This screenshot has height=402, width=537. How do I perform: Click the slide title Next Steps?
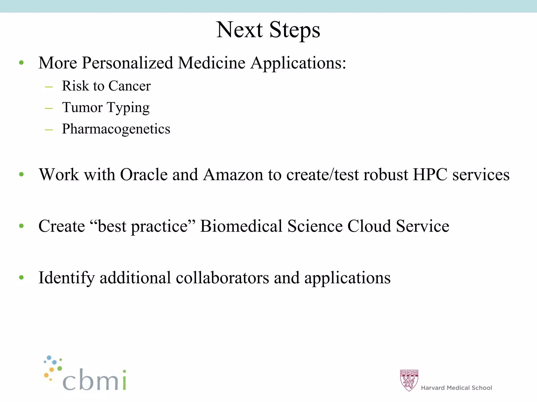268,30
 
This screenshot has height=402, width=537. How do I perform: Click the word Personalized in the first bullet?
127,63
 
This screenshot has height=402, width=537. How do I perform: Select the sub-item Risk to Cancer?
106,86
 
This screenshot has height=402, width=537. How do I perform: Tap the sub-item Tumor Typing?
106,107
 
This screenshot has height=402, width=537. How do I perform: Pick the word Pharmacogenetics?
116,129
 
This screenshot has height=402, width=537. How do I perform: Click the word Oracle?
144,175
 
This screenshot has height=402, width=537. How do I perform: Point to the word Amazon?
233,175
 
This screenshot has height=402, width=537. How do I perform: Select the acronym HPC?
430,175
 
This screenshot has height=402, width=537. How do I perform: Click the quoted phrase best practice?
143,226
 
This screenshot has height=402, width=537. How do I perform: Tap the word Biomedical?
241,226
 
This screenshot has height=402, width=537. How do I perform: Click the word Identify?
67,278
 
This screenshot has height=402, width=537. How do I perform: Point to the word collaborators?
222,278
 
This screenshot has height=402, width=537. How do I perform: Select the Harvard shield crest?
409,380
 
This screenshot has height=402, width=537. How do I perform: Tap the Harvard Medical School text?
456,388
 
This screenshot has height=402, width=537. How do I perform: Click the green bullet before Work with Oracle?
22,175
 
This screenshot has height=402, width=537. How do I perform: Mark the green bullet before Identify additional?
22,278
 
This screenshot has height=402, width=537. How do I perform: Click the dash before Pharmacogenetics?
49,129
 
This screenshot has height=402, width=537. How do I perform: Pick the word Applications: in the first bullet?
298,63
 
